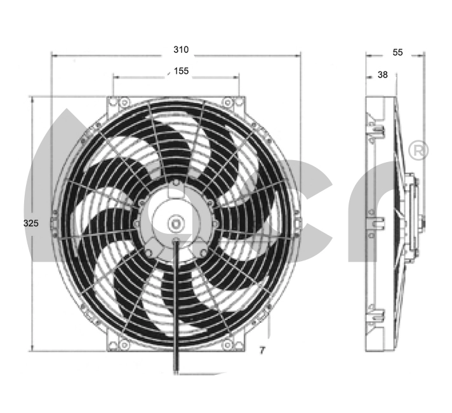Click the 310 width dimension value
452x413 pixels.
coord(181,50)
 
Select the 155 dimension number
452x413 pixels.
coord(182,71)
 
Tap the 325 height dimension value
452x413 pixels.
coord(31,223)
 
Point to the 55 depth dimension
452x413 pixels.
coord(397,52)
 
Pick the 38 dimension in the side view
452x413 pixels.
coord(383,75)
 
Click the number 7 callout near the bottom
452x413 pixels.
coord(262,350)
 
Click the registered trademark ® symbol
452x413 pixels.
coord(418,151)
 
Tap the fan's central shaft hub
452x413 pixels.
coord(176,224)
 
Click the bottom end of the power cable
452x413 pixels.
coord(176,372)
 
